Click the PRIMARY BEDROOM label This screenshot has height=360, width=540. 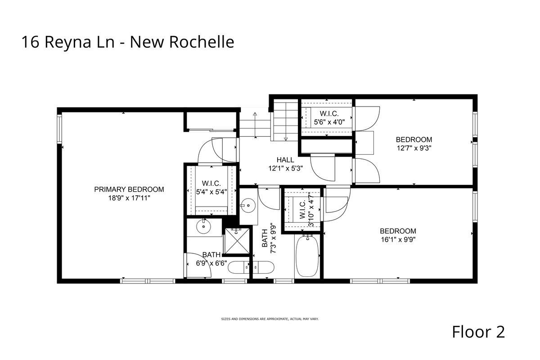pos(129,189)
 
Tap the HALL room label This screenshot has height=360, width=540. pos(285,160)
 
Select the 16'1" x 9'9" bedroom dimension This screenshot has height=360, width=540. pos(398,240)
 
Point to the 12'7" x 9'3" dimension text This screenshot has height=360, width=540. pos(414,148)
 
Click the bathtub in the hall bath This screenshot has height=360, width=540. pos(308,256)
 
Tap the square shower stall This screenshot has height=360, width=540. pos(237,241)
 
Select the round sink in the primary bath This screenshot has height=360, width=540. pos(204,227)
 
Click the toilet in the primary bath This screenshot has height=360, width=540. pos(238,267)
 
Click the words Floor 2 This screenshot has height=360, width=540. pos(478,332)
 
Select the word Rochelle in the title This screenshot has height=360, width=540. pos(202,42)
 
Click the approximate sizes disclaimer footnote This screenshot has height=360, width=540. pos(270,319)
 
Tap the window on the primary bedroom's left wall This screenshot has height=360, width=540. pos(59,129)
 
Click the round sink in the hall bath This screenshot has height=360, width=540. pos(248,206)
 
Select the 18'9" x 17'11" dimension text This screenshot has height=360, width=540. pos(129,198)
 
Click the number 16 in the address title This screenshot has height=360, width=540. pos(31,42)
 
